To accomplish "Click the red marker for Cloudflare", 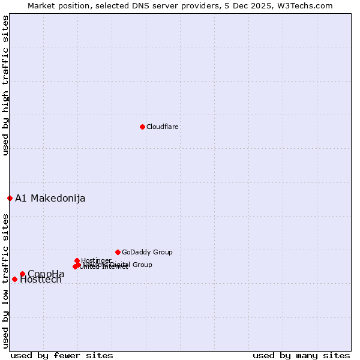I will click(142, 127).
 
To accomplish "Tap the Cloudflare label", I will click(163, 127).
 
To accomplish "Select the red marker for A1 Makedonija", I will click(10, 198).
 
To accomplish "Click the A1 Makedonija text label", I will click(50, 199).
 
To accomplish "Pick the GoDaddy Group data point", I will click(118, 252).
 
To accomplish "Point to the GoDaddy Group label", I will click(147, 253).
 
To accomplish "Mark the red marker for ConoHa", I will click(22, 274).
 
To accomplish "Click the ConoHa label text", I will click(46, 274).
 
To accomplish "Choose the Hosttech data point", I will click(14, 279).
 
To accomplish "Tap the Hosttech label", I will click(41, 280).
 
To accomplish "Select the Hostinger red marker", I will click(77, 260).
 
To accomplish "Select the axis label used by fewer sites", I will click(62, 355).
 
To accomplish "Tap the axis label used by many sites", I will click(301, 355).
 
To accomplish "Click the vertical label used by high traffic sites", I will click(6, 85).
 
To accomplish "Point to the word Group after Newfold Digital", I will click(142, 265).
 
